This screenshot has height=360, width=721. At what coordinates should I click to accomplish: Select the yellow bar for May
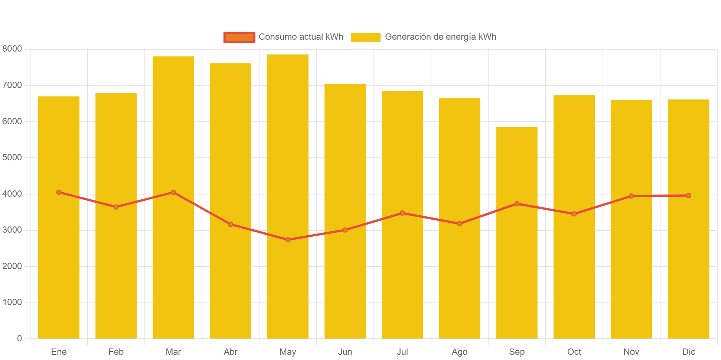click(x=288, y=196)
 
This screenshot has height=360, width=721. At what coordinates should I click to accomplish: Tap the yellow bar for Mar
click(x=173, y=197)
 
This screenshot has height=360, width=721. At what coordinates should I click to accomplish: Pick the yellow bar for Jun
click(x=345, y=211)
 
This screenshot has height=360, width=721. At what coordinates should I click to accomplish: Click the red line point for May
click(x=288, y=240)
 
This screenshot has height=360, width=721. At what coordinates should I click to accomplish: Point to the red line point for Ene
click(x=59, y=192)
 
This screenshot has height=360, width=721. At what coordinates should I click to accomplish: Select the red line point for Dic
click(x=688, y=196)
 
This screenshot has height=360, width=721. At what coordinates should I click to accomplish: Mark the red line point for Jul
click(x=402, y=213)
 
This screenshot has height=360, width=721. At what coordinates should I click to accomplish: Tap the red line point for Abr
click(x=231, y=224)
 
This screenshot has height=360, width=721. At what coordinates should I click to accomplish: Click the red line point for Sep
click(x=516, y=204)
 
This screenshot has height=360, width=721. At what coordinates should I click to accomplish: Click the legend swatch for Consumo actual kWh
click(x=239, y=37)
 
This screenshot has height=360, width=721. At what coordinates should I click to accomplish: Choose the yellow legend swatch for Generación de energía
click(x=365, y=37)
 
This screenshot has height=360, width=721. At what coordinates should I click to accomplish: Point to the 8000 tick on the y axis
click(x=12, y=49)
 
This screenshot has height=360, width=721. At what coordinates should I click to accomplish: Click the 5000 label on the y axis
click(x=12, y=157)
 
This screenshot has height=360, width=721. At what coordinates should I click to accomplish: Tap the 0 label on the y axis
click(x=19, y=338)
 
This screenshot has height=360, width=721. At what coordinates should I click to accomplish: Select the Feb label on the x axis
click(x=116, y=352)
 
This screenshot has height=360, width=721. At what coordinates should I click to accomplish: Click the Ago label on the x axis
click(x=459, y=352)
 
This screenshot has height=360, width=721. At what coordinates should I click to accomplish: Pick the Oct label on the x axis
click(x=574, y=352)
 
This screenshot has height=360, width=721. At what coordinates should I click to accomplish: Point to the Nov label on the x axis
click(x=631, y=352)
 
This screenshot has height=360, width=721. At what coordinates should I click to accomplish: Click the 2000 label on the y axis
click(x=12, y=266)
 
